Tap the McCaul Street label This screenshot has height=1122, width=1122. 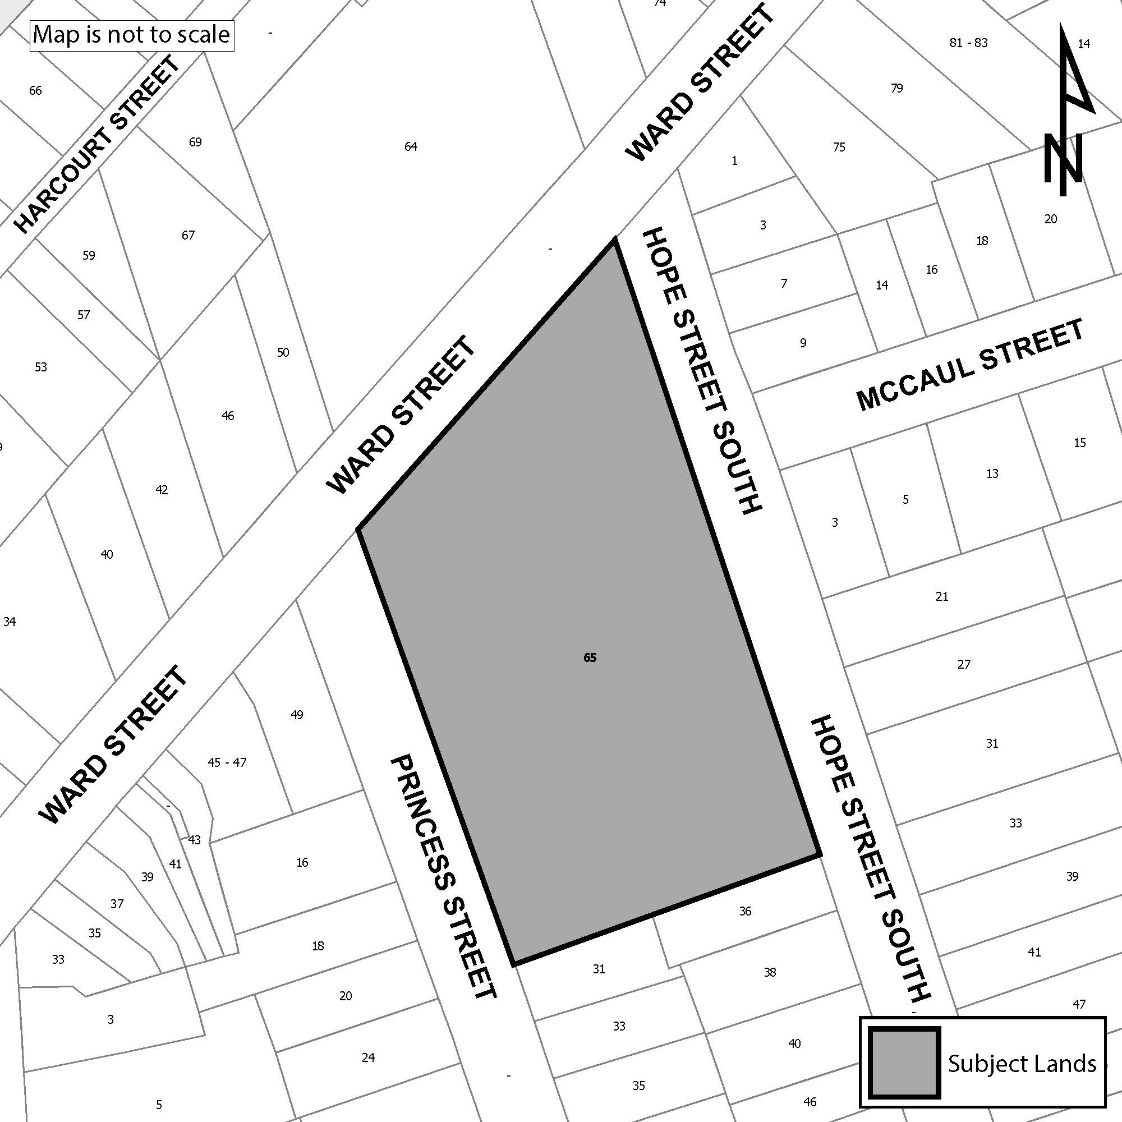pyautogui.click(x=970, y=365)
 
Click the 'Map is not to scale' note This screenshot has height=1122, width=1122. pyautogui.click(x=131, y=35)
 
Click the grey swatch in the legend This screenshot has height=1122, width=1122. pyautogui.click(x=904, y=1062)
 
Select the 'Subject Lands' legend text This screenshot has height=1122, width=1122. pyautogui.click(x=1022, y=1063)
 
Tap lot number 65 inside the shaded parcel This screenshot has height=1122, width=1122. pyautogui.click(x=590, y=658)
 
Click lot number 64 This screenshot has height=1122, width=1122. pyautogui.click(x=411, y=146)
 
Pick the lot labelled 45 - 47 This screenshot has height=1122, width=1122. pyautogui.click(x=227, y=762)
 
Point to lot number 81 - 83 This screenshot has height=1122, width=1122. pyautogui.click(x=968, y=43)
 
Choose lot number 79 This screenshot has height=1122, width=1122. pyautogui.click(x=896, y=88)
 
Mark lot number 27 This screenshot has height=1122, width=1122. pyautogui.click(x=964, y=664)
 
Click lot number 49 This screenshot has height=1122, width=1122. pyautogui.click(x=297, y=715)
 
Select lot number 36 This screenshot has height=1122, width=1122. pyautogui.click(x=745, y=911)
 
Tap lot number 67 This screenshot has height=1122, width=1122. pyautogui.click(x=188, y=235)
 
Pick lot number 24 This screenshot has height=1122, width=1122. pyautogui.click(x=368, y=1057)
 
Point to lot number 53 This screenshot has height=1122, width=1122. pyautogui.click(x=40, y=367)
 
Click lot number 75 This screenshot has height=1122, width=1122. pyautogui.click(x=839, y=147)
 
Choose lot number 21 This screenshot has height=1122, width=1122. pyautogui.click(x=942, y=596)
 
